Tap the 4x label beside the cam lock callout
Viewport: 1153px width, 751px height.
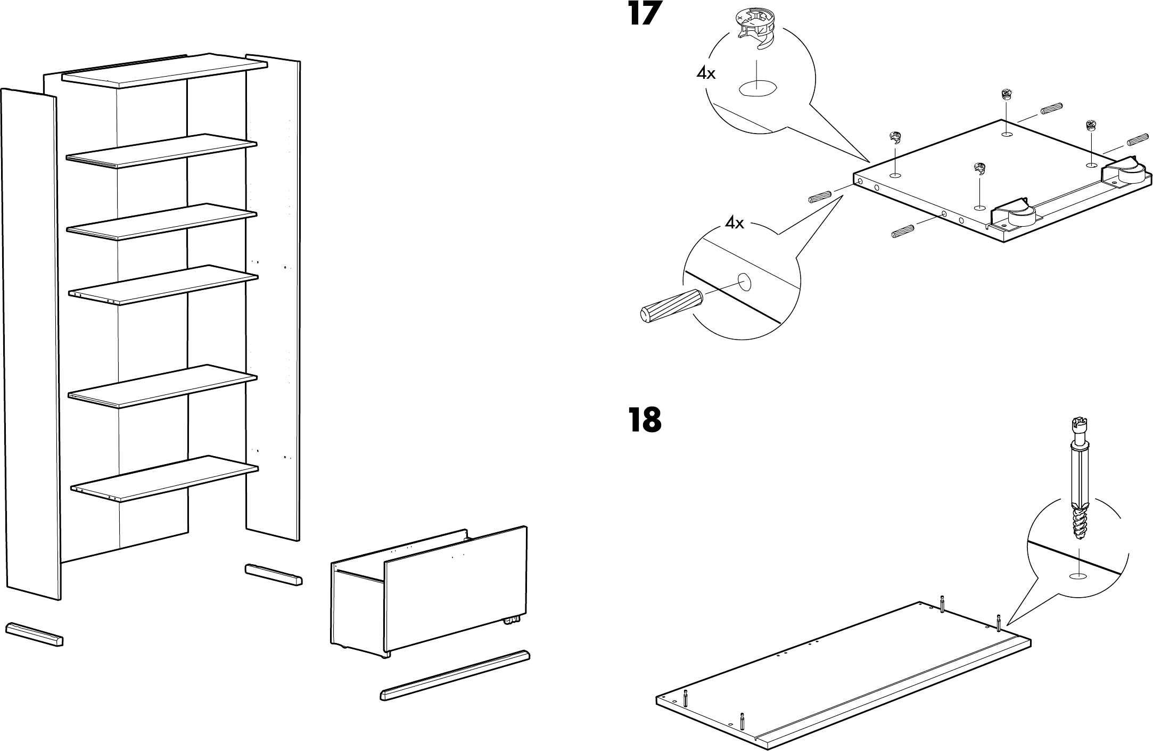click(706, 73)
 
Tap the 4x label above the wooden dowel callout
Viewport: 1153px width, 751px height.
click(735, 223)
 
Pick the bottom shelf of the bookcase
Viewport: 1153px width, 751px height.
click(164, 478)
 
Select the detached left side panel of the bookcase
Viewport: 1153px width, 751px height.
click(31, 343)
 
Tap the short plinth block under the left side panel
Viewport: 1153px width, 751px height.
click(35, 633)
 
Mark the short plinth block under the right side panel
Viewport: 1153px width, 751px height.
click(274, 574)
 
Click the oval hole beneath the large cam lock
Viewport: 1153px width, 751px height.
click(757, 88)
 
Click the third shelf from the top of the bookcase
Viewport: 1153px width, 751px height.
click(162, 221)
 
